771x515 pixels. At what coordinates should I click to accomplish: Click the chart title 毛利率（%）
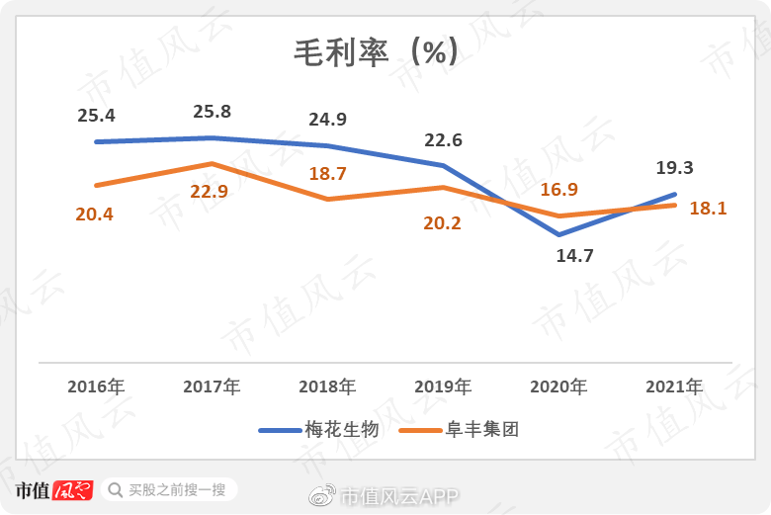[x=377, y=52]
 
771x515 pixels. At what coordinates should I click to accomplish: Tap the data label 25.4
[x=96, y=116]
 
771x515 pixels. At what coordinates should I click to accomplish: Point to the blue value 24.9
[x=327, y=121]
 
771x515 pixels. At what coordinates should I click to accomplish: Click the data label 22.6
[x=443, y=139]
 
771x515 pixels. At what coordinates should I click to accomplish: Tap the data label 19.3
[x=673, y=169]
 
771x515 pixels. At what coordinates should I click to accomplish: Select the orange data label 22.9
[x=209, y=192]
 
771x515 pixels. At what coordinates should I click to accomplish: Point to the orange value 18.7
[x=328, y=174]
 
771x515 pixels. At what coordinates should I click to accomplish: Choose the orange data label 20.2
[x=442, y=223]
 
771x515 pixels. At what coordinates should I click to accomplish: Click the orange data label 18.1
[x=707, y=209]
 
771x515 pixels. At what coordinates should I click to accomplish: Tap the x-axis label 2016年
[x=96, y=386]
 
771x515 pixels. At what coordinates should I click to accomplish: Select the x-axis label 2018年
[x=327, y=386]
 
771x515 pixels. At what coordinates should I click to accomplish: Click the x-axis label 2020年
[x=558, y=386]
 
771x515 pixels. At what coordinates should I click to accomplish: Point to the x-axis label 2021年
[x=673, y=386]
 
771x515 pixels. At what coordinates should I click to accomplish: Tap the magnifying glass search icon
[x=116, y=489]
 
